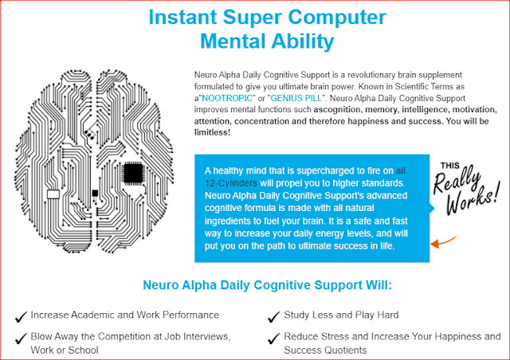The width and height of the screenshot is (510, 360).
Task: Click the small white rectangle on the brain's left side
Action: click(x=54, y=194)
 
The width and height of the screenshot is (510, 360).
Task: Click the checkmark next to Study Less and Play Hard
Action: click(x=274, y=316)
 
